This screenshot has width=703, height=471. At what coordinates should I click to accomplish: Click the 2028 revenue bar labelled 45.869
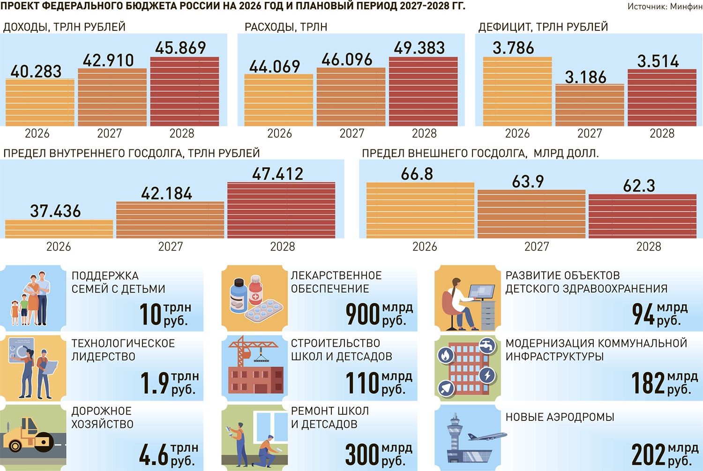pos(185,91)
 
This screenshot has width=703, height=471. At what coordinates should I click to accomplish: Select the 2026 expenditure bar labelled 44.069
pos(278,100)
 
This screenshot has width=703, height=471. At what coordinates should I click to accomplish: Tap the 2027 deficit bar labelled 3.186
pos(590,105)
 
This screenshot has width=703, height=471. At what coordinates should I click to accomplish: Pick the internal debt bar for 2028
pos(281,210)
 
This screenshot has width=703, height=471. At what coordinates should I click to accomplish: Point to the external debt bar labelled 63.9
pos(531,214)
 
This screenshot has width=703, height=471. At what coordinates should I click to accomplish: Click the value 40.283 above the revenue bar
pos(36,72)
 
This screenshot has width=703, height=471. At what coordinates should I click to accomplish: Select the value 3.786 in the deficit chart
pos(513,48)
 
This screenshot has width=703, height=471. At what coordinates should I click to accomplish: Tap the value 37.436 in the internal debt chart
pos(55,211)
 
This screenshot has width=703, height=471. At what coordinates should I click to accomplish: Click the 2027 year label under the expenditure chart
pos(351,133)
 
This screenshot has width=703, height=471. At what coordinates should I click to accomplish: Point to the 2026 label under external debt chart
pos(425,247)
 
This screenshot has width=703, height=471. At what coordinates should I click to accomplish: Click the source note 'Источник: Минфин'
pos(665,7)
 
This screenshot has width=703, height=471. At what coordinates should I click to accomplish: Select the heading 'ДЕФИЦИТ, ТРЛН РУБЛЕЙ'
pos(543,27)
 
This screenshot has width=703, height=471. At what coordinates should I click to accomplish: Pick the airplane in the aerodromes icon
pos(487,436)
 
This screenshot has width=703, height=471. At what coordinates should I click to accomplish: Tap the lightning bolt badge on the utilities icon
pos(487,375)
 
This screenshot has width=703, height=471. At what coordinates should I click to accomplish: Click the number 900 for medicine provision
pos(362,314)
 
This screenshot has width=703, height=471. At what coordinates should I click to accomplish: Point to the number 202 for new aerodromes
pos(648,455)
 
